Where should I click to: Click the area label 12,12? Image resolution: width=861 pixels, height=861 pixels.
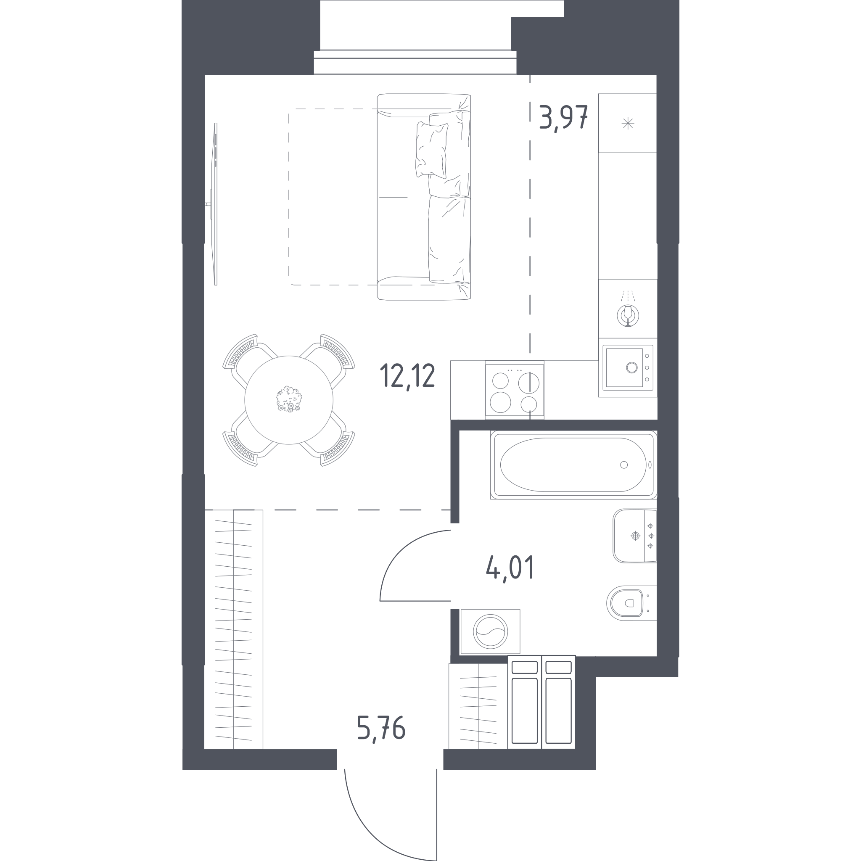click(407, 377)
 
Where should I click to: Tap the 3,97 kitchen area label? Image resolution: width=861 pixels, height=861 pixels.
click(564, 118)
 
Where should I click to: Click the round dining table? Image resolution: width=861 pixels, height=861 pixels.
click(289, 400)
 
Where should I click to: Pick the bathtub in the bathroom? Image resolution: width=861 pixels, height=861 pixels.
click(573, 465)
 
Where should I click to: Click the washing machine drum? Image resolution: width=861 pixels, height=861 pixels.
click(490, 632)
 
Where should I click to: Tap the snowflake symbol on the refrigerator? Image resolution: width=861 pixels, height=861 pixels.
click(628, 123)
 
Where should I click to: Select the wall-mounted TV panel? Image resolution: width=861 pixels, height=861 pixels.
click(215, 204)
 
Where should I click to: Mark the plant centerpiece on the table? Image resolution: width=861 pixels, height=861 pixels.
click(289, 399)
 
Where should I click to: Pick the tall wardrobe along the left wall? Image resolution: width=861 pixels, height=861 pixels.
click(233, 629)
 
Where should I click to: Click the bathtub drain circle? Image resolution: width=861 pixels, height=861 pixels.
click(624, 465)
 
